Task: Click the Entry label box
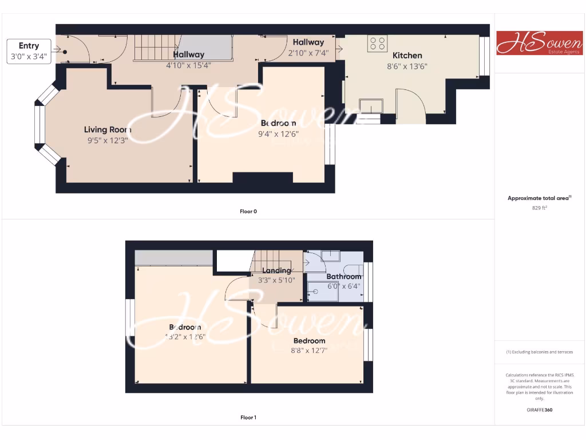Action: (29, 51)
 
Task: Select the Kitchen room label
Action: (407, 56)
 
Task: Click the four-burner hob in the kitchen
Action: (377, 44)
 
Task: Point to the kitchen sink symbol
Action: (371, 105)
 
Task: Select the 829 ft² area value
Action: (539, 208)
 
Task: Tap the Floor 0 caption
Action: (248, 211)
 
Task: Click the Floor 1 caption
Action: (248, 418)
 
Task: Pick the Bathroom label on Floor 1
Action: (344, 276)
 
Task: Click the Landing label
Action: (277, 270)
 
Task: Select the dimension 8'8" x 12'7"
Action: (309, 351)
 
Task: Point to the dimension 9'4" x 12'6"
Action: (279, 134)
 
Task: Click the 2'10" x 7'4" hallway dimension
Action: (308, 53)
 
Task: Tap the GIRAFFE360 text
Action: (539, 410)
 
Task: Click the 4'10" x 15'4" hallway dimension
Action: (188, 65)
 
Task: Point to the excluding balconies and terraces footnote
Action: (539, 352)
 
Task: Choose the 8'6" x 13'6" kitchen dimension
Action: (407, 66)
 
